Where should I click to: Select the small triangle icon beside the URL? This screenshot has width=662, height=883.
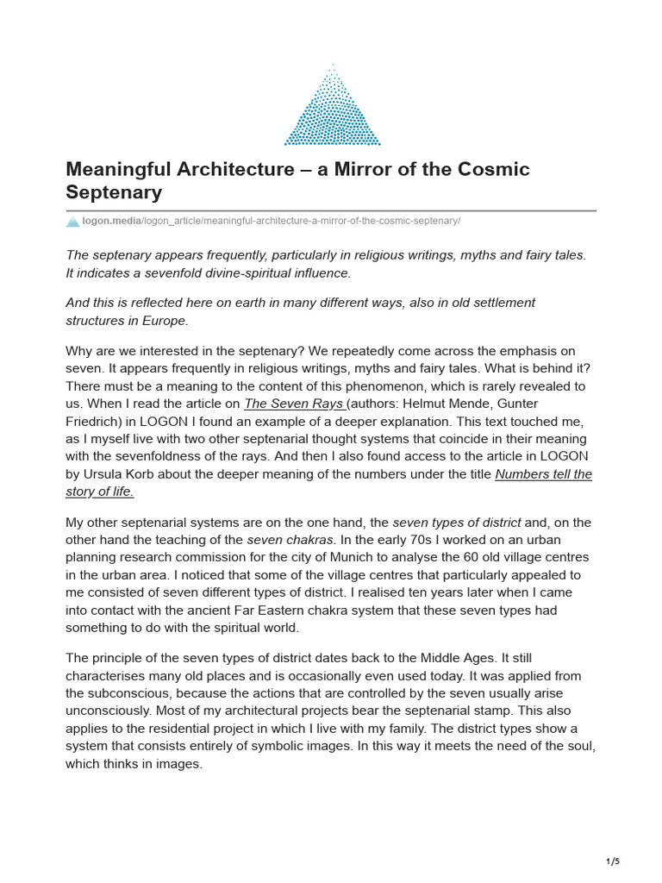pyautogui.click(x=72, y=222)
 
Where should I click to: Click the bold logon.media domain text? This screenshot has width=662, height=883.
pyautogui.click(x=111, y=222)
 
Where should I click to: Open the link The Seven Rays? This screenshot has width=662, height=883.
pyautogui.click(x=295, y=404)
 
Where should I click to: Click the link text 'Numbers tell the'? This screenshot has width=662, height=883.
pyautogui.click(x=543, y=474)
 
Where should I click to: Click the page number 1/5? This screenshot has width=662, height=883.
pyautogui.click(x=613, y=861)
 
